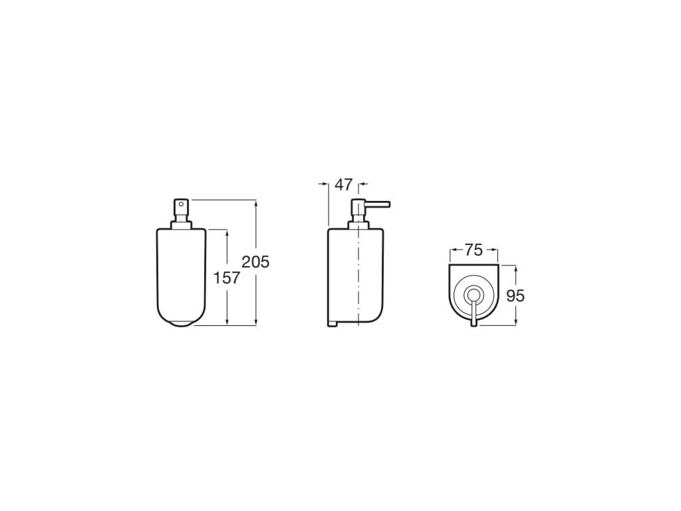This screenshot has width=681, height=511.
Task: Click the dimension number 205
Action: tap(255, 262)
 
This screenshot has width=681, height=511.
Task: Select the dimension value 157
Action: tap(226, 277)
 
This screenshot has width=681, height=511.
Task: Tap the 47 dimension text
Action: tap(343, 185)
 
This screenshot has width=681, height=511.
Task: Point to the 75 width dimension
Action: tap(474, 250)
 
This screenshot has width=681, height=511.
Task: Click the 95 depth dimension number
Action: tap(515, 295)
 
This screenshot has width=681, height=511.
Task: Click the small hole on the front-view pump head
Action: tap(181, 204)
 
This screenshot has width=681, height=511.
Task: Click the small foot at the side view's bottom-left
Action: tap(333, 324)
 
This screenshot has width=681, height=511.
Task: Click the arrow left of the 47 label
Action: tap(323, 184)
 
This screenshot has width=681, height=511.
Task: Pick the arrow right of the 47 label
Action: tap(364, 184)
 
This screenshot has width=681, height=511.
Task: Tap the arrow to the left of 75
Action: tap(454, 250)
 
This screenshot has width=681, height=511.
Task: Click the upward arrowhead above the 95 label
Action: tap(515, 268)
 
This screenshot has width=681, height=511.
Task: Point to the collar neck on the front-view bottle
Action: tap(181, 224)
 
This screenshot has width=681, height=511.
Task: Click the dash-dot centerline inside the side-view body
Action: tap(359, 279)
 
